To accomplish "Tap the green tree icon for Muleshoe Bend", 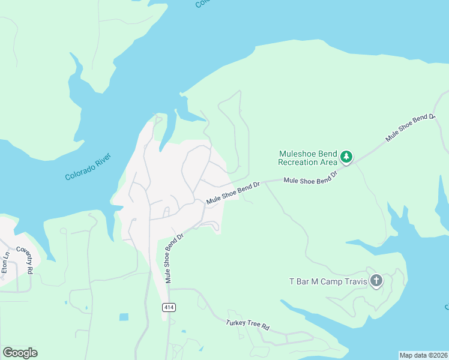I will pyautogui.click(x=346, y=157).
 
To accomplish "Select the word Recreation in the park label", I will pyautogui.click(x=298, y=162).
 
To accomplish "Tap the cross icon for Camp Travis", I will pyautogui.click(x=376, y=281).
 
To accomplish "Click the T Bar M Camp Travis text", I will pyautogui.click(x=328, y=281).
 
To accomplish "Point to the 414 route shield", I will pyautogui.click(x=169, y=307).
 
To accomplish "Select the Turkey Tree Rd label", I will pyautogui.click(x=248, y=325).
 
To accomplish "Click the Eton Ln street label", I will pyautogui.click(x=5, y=262).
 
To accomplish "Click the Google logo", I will pyautogui.click(x=20, y=353).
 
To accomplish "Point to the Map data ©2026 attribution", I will pyautogui.click(x=423, y=355).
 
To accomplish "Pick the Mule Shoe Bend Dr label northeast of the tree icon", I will pyautogui.click(x=409, y=127).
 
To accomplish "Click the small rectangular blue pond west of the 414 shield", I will pyautogui.click(x=124, y=317).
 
